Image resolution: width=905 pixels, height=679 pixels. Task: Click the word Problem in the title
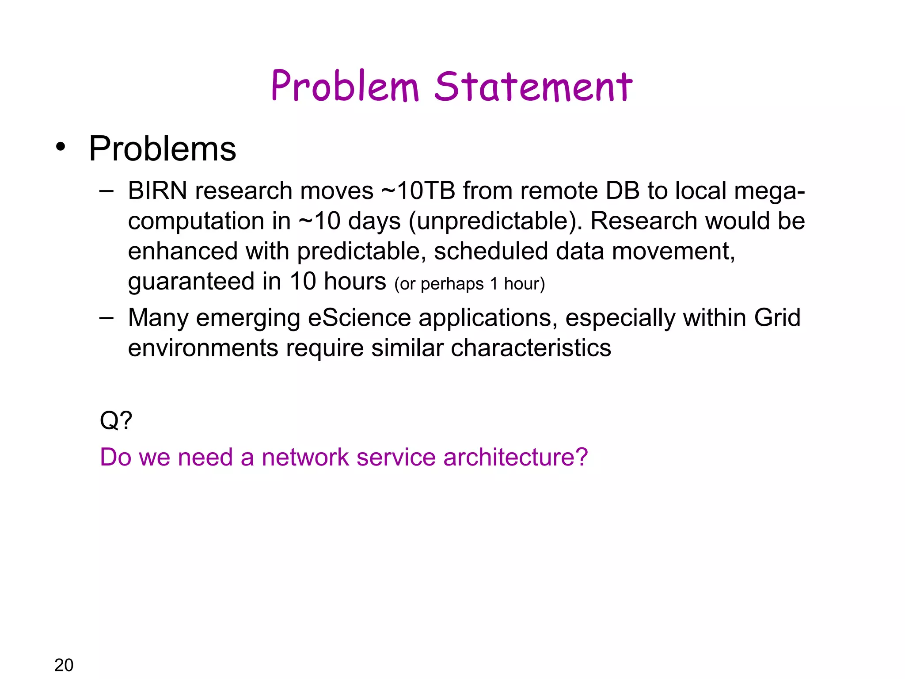tap(345, 86)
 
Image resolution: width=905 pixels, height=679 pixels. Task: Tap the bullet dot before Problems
tap(61, 147)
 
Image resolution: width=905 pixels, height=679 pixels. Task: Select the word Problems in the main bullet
tap(162, 149)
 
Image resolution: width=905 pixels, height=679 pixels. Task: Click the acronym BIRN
tap(157, 191)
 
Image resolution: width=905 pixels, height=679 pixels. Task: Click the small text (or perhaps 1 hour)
tap(469, 284)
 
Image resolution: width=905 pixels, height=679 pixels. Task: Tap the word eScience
tap(359, 318)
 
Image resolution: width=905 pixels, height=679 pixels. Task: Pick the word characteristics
tap(531, 348)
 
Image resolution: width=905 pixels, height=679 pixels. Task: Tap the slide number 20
tap(64, 665)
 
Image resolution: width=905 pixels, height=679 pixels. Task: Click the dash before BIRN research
tap(106, 191)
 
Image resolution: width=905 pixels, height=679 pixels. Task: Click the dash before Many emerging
tap(106, 318)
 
